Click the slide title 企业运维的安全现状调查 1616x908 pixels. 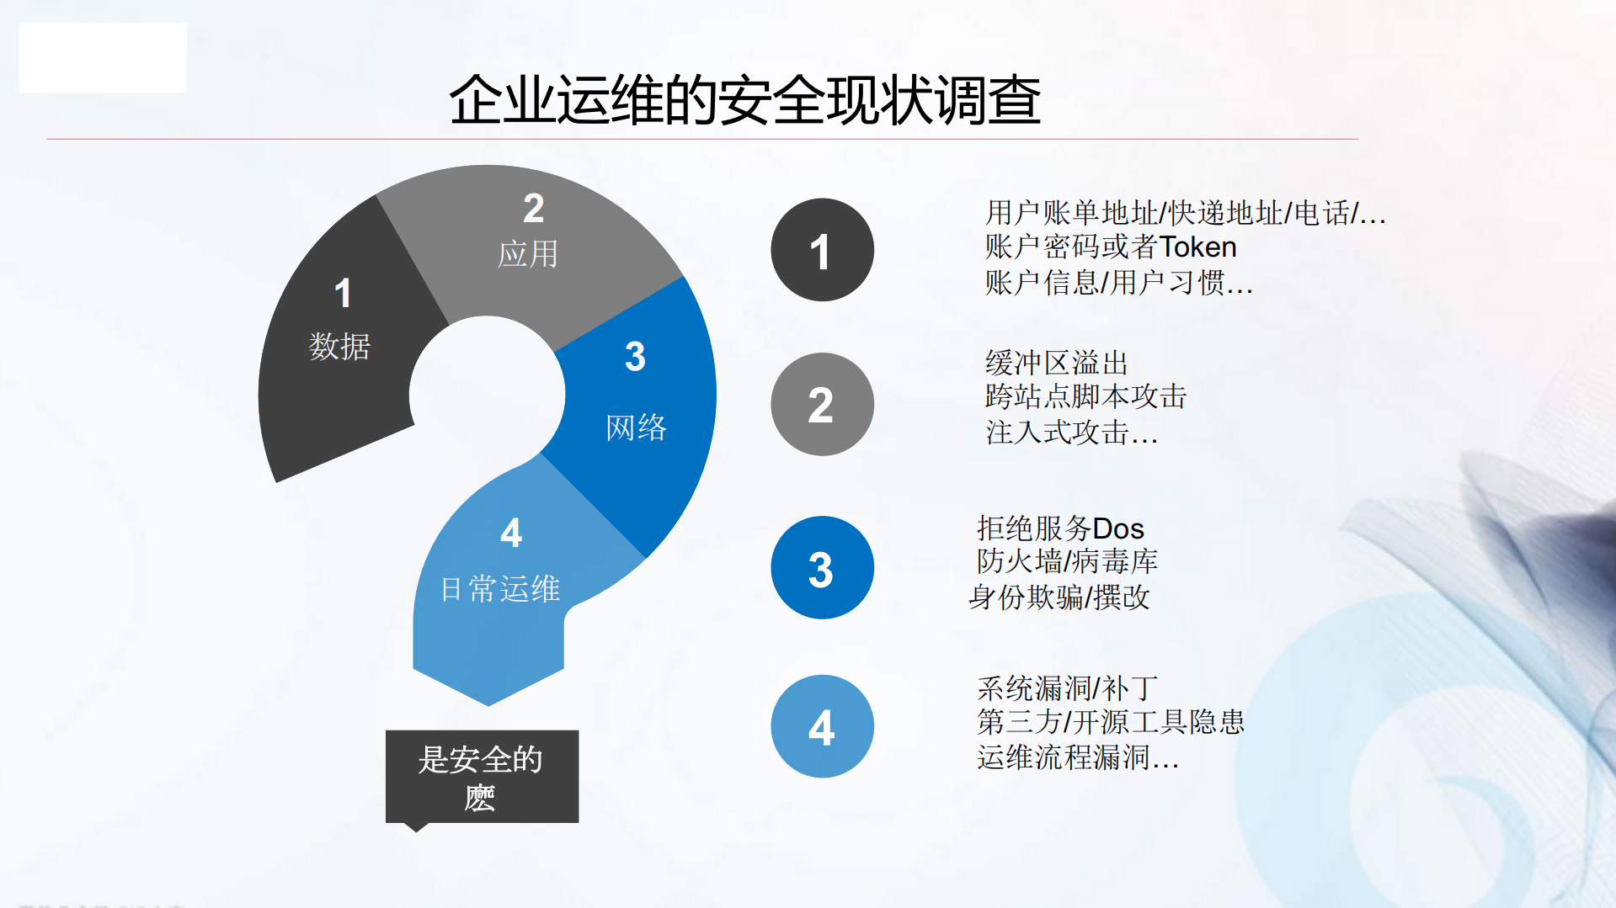[744, 100]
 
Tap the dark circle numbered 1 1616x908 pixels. [822, 250]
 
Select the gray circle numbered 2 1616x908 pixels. [822, 405]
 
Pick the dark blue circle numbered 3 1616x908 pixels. [822, 568]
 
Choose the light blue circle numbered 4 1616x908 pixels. [822, 726]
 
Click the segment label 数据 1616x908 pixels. [339, 346]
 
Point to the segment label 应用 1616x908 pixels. [528, 254]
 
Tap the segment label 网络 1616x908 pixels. [636, 427]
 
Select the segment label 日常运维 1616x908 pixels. [500, 589]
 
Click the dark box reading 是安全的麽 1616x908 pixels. [482, 777]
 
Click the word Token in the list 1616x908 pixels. [1197, 247]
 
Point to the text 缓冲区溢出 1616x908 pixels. [1056, 364]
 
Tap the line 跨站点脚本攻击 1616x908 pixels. [1085, 396]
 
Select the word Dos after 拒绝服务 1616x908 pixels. [1118, 529]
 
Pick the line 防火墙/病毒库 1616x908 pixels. [1067, 561]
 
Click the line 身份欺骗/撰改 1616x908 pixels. [1059, 597]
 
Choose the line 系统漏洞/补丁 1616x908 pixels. [1067, 688]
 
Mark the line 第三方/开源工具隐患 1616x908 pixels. [1110, 722]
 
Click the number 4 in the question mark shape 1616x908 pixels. [511, 533]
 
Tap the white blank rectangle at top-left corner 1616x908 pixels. [103, 57]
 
